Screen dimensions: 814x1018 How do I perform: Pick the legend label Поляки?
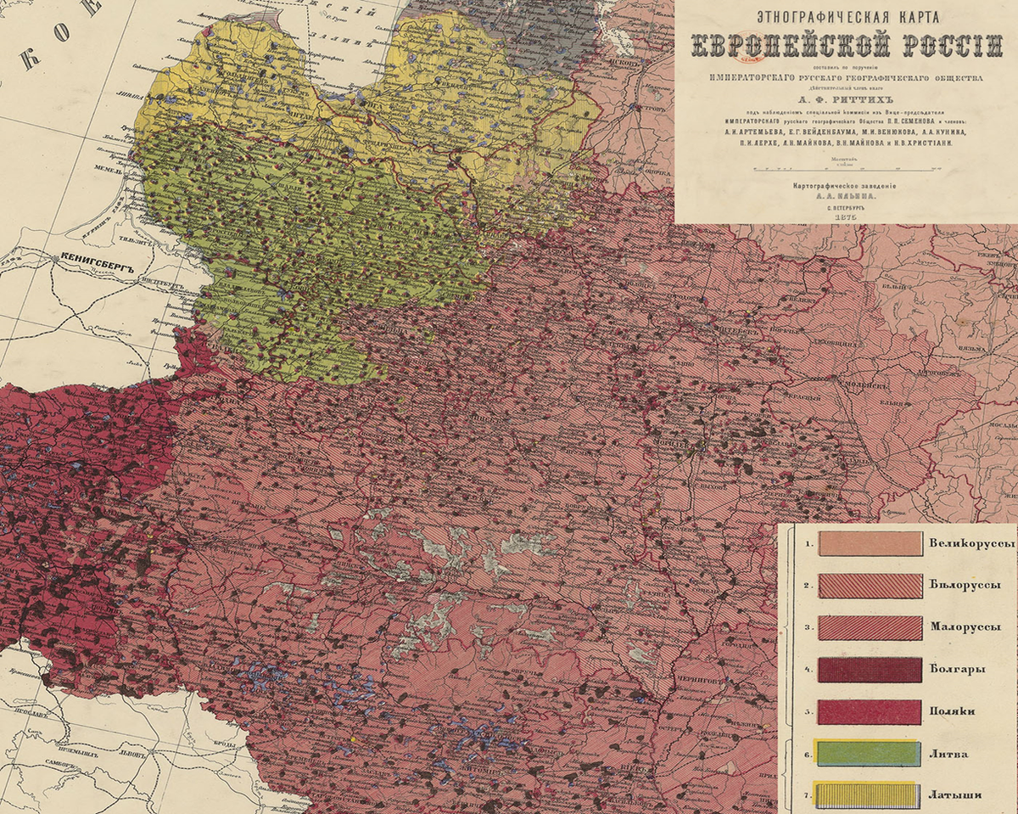click(957, 711)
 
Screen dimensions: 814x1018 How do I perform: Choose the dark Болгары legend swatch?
click(870, 670)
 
